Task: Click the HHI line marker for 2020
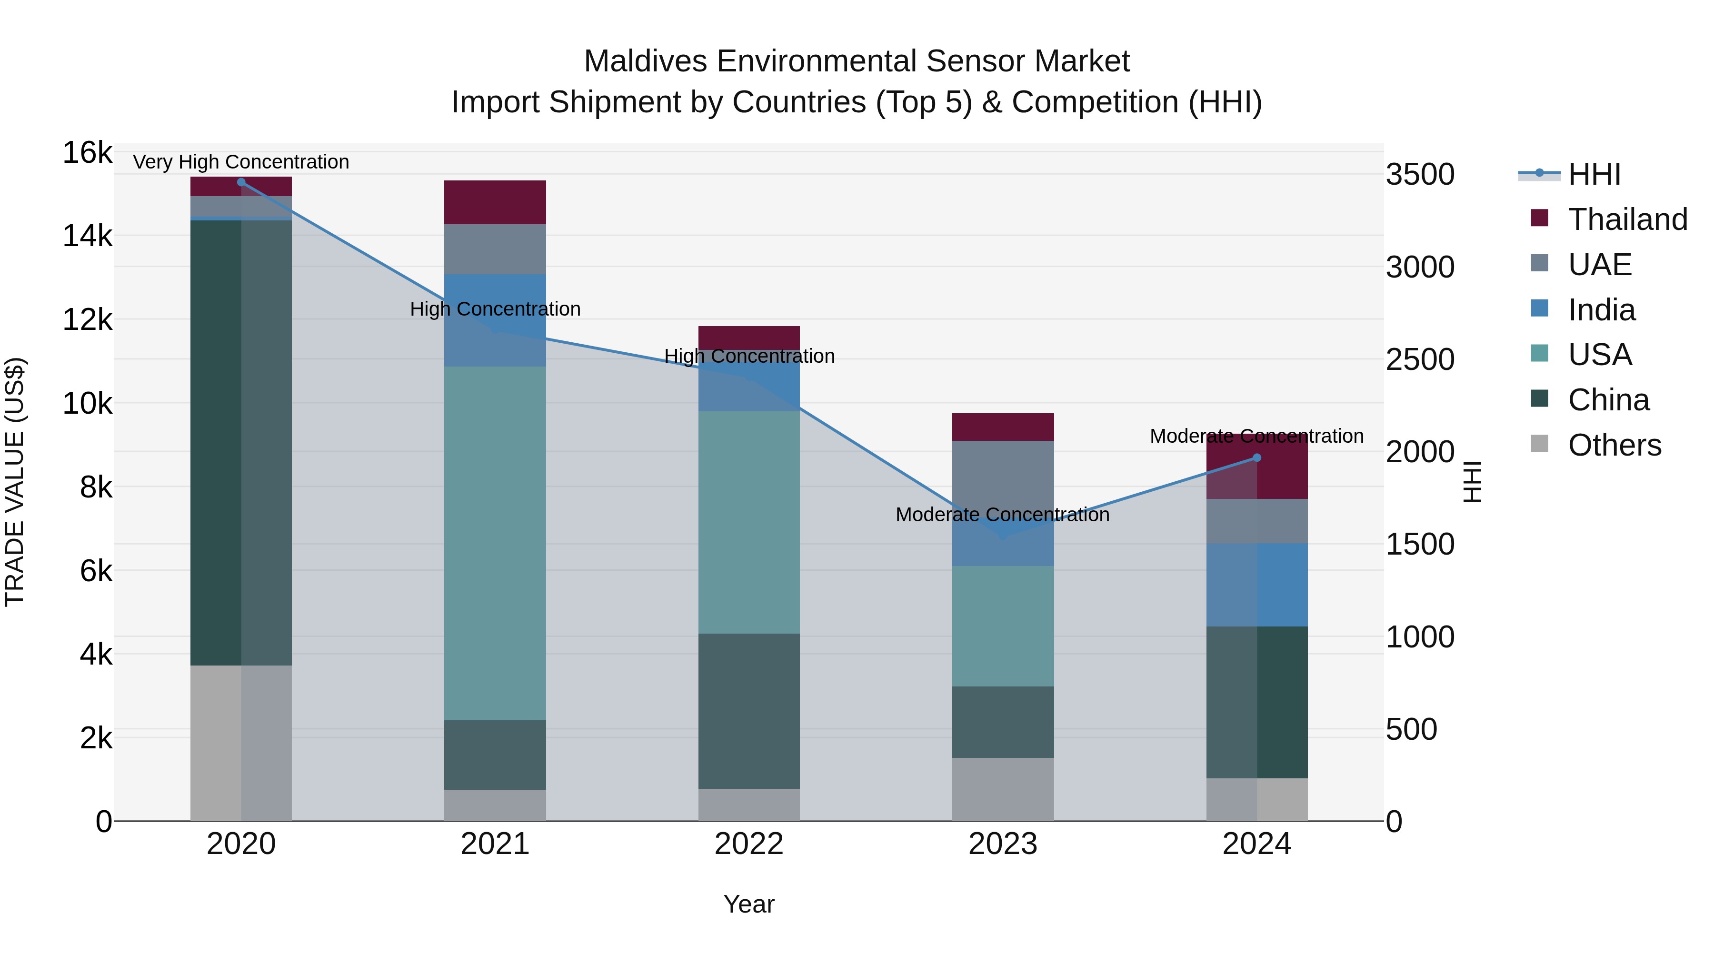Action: [241, 182]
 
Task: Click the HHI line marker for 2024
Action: [1257, 457]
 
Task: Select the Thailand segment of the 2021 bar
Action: [495, 202]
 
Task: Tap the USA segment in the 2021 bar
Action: [495, 542]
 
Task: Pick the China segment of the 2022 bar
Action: [749, 711]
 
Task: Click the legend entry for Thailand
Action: [1627, 219]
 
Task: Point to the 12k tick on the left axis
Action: [87, 320]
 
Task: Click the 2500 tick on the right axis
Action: [1420, 360]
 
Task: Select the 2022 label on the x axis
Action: [749, 844]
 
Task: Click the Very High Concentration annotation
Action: [241, 162]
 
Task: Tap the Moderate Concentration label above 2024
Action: [1256, 437]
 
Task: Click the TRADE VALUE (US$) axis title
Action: [15, 482]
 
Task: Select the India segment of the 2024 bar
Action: [1257, 585]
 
